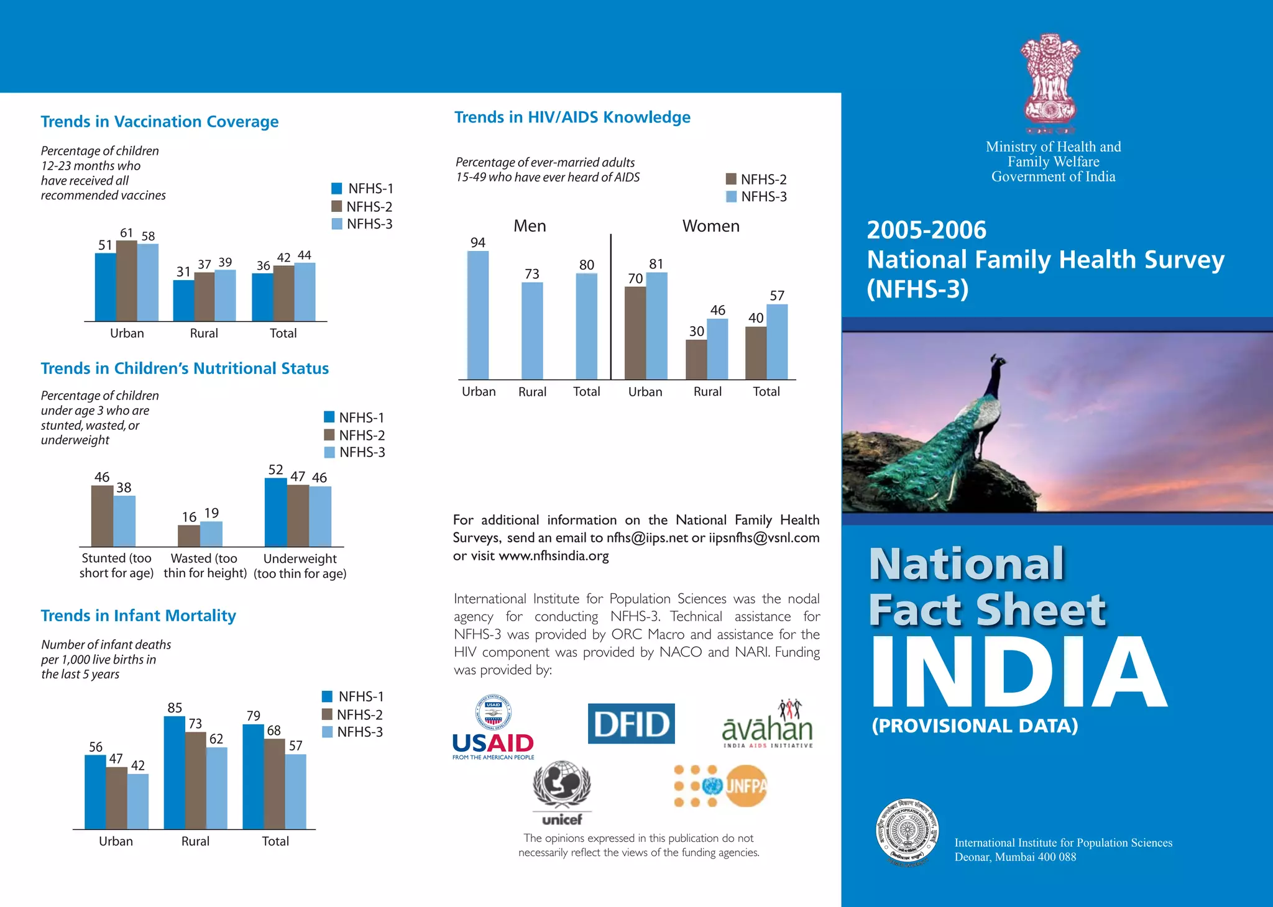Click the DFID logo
pyautogui.click(x=631, y=724)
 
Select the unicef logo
pyautogui.click(x=562, y=792)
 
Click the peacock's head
pyautogui.click(x=998, y=361)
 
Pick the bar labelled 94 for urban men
pyautogui.click(x=477, y=315)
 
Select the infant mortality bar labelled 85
pyautogui.click(x=175, y=773)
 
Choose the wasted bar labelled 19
pyautogui.click(x=211, y=534)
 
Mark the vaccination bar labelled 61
pyautogui.click(x=127, y=281)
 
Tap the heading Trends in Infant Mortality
pyautogui.click(x=138, y=616)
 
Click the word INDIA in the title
pyautogui.click(x=1018, y=672)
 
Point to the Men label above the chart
pyautogui.click(x=530, y=226)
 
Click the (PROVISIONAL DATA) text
pyautogui.click(x=975, y=726)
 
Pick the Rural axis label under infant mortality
pyautogui.click(x=195, y=841)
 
